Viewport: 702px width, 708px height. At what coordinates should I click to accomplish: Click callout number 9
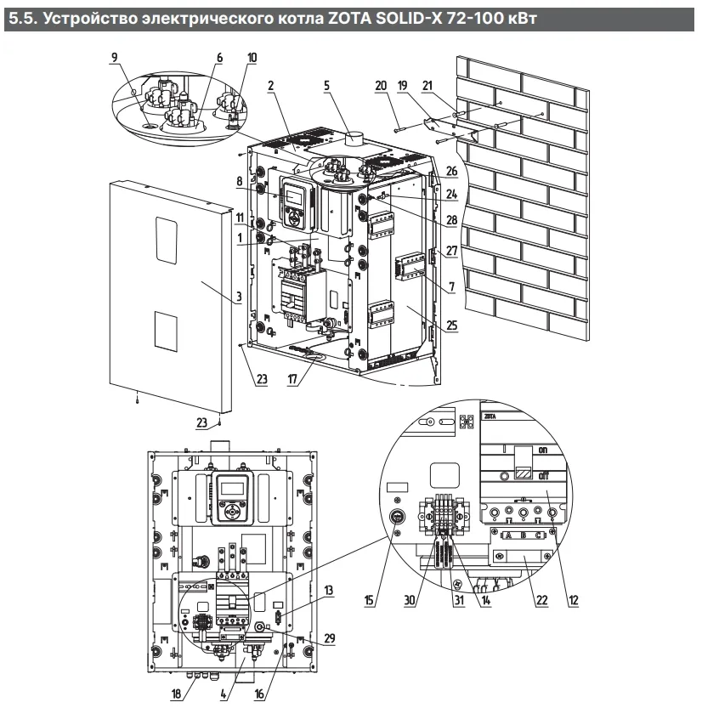pyautogui.click(x=114, y=57)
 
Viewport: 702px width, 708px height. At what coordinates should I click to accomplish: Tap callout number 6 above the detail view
pyautogui.click(x=220, y=58)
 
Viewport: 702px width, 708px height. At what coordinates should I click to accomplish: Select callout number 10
pyautogui.click(x=252, y=58)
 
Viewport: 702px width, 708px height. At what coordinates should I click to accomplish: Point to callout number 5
pyautogui.click(x=327, y=86)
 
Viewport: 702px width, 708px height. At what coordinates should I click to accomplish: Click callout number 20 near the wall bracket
pyautogui.click(x=381, y=86)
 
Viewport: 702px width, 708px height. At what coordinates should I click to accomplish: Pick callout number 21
pyautogui.click(x=427, y=86)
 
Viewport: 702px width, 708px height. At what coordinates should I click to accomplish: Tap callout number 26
pyautogui.click(x=451, y=172)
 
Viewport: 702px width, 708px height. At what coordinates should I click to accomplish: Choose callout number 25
pyautogui.click(x=451, y=325)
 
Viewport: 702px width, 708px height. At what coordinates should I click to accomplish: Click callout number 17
pyautogui.click(x=292, y=379)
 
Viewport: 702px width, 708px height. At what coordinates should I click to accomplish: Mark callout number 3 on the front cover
pyautogui.click(x=239, y=297)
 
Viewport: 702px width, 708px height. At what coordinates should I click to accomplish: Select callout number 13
pyautogui.click(x=329, y=590)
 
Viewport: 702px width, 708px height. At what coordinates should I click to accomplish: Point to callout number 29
pyautogui.click(x=330, y=638)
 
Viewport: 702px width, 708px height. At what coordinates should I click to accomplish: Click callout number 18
pyautogui.click(x=176, y=694)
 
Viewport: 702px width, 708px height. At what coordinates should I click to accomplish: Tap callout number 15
pyautogui.click(x=370, y=600)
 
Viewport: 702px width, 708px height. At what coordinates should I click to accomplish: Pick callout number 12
pyautogui.click(x=574, y=600)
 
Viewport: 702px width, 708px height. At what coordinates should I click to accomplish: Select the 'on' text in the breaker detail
pyautogui.click(x=542, y=450)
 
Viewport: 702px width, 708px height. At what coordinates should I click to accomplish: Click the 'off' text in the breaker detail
pyautogui.click(x=544, y=476)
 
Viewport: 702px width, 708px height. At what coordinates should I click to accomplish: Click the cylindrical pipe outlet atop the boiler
pyautogui.click(x=354, y=139)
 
